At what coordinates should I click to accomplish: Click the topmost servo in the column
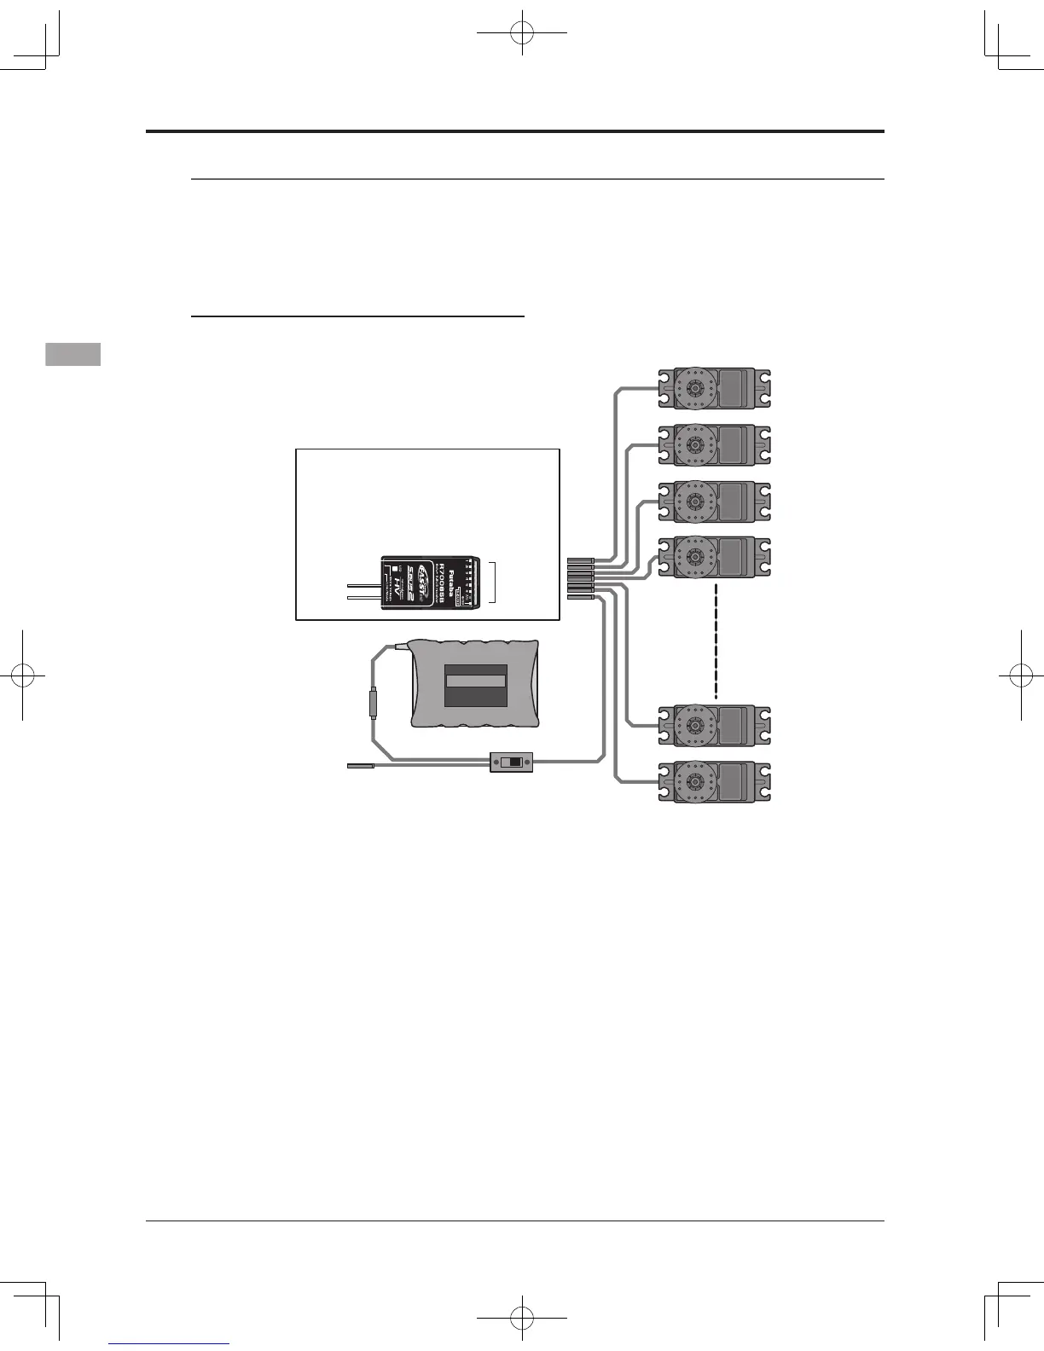715,389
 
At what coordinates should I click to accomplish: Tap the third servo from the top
715,502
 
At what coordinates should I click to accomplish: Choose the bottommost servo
715,781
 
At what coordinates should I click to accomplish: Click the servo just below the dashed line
715,726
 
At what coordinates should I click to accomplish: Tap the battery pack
474,683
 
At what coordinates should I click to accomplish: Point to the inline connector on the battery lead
373,704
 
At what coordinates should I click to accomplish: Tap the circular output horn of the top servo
693,389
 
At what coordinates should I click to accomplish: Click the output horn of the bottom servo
693,781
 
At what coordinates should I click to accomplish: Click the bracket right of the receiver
493,584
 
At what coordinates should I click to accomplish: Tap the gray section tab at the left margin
73,354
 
